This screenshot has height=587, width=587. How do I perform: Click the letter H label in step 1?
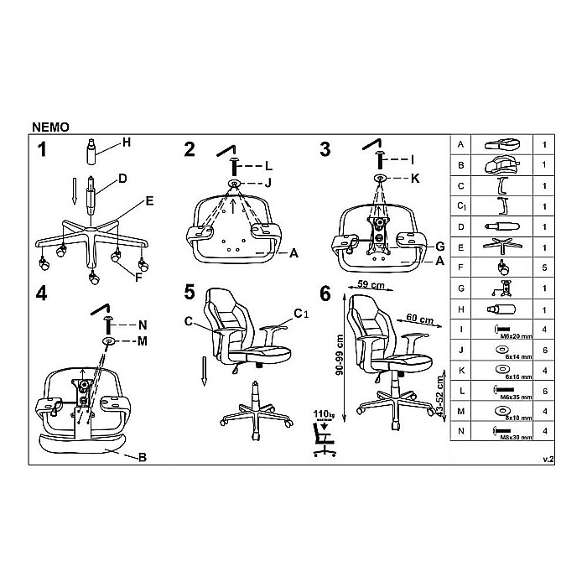(x=126, y=142)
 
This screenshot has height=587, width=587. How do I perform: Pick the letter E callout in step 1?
(x=148, y=200)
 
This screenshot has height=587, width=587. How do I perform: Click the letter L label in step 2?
(x=268, y=165)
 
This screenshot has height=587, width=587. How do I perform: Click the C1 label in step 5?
(x=299, y=314)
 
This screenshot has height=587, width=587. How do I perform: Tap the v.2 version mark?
(x=548, y=460)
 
